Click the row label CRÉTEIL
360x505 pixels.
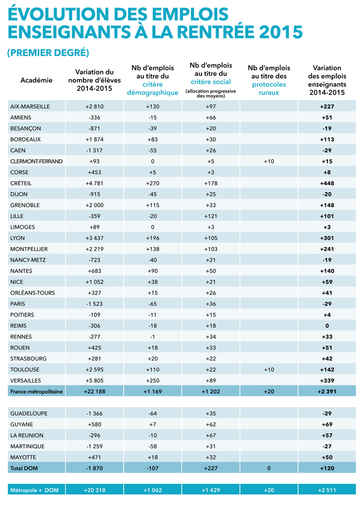click(21, 183)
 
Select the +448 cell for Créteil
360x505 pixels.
click(327, 183)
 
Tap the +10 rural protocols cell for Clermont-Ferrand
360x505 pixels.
click(269, 161)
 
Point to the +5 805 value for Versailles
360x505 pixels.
click(94, 380)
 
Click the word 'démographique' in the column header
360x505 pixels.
click(152, 93)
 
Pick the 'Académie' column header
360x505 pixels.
click(36, 80)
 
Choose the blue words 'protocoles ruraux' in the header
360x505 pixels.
click(269, 88)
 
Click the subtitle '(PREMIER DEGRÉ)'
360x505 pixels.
click(48, 52)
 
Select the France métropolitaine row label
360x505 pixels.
click(36, 391)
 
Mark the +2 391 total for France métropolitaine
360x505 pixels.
click(327, 391)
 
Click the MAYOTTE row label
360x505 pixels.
click(23, 457)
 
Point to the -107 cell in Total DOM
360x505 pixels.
click(152, 468)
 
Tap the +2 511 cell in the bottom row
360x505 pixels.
click(327, 490)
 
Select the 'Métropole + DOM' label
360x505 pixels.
click(34, 490)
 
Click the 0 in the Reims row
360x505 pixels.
click(327, 325)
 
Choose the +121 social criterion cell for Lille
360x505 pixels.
click(211, 216)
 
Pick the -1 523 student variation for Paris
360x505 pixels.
click(94, 303)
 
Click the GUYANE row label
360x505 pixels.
click(21, 424)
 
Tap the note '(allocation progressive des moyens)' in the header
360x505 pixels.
click(210, 93)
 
